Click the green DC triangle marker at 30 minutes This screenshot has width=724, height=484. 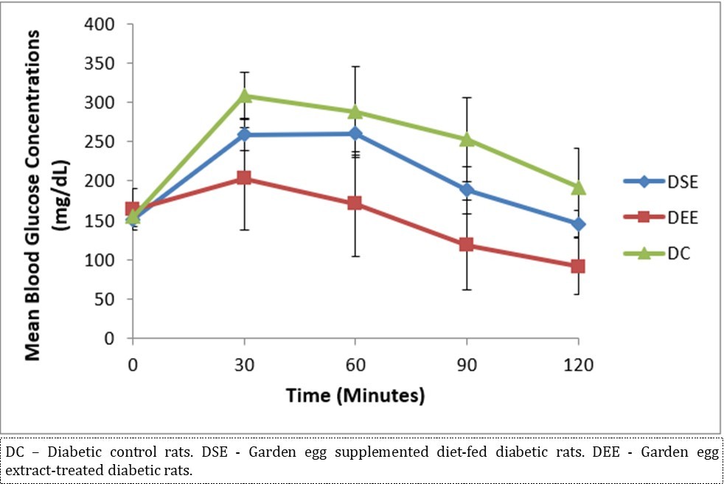click(x=244, y=96)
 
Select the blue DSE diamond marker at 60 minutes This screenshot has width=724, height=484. click(x=355, y=133)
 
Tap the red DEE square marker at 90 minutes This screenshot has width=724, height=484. click(x=467, y=245)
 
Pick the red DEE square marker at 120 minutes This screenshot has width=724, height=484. click(x=578, y=266)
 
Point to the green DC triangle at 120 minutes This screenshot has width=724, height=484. click(x=578, y=187)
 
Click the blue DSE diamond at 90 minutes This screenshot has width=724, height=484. click(x=467, y=190)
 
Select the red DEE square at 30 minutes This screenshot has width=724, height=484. click(x=244, y=178)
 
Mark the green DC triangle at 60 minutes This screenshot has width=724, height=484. click(x=355, y=112)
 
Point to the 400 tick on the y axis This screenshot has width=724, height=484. click(x=101, y=24)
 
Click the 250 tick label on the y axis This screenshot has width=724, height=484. click(x=101, y=142)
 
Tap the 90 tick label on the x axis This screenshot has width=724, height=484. click(x=467, y=364)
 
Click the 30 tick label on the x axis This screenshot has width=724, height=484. click(x=244, y=364)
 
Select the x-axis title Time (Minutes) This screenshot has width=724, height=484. click(x=355, y=396)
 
